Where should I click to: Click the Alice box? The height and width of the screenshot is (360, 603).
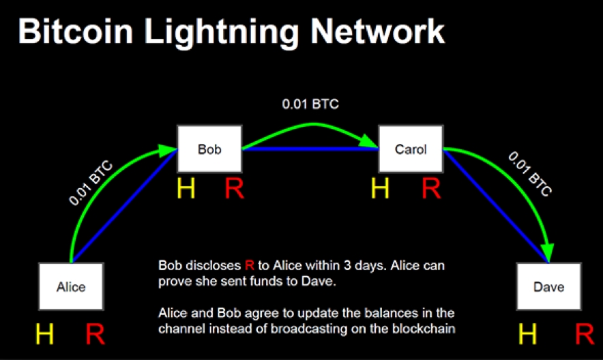click(x=71, y=286)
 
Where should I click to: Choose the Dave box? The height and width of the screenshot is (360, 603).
click(x=548, y=286)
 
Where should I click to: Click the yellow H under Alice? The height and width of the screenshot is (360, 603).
click(x=44, y=334)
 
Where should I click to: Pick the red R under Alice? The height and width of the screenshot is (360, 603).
click(x=96, y=334)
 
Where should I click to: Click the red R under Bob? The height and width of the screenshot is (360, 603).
click(x=234, y=188)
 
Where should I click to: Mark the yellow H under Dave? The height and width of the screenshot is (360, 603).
click(x=528, y=334)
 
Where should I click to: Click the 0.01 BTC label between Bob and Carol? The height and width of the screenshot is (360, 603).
click(x=310, y=105)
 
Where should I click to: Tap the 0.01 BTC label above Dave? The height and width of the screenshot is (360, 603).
click(x=529, y=174)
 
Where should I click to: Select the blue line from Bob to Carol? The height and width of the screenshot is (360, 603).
click(x=310, y=148)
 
